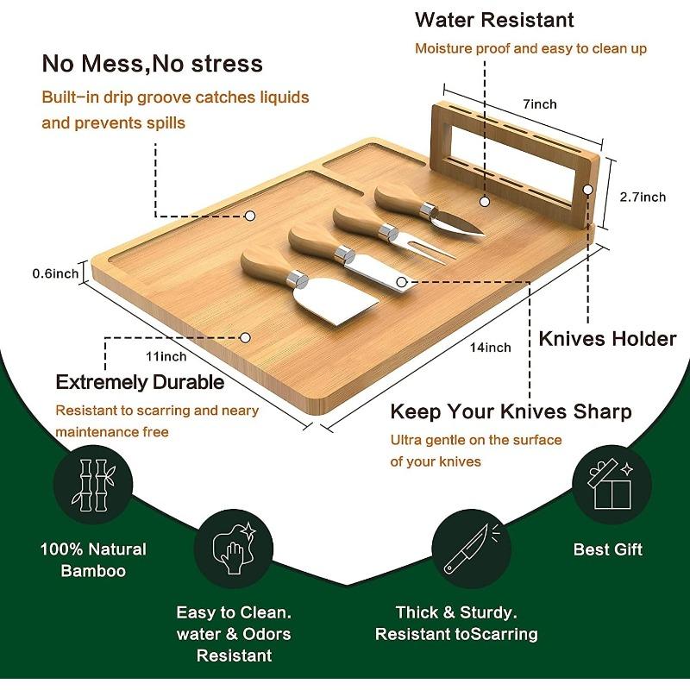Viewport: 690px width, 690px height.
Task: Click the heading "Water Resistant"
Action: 493,19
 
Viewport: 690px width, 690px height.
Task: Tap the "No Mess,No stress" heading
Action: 153,64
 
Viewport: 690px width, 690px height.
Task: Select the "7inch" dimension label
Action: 539,104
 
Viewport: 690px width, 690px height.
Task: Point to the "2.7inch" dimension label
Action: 643,197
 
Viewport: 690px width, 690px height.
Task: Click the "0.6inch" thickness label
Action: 55,273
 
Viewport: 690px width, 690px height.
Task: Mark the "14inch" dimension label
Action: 491,348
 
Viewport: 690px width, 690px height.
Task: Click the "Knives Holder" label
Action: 607,338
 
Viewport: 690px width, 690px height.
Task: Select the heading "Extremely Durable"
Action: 140,382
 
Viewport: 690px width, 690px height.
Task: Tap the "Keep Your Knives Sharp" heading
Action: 511,411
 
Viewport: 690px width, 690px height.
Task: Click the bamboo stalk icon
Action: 91,486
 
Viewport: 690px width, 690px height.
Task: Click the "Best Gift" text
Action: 608,549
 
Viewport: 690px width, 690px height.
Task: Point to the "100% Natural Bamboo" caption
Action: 92,560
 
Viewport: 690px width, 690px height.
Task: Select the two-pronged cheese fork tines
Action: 430,249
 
